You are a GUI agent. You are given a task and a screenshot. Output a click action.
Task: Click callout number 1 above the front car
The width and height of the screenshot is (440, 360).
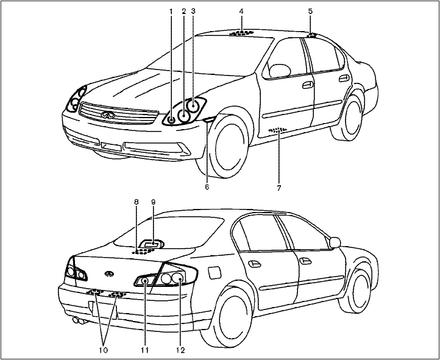[x=172, y=11]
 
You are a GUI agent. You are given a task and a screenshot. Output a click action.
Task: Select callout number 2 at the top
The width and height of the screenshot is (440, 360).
[x=183, y=11]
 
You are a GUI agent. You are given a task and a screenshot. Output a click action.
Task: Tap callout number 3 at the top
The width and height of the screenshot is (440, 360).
[x=193, y=11]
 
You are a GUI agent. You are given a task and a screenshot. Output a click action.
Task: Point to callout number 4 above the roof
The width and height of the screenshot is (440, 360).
[x=241, y=11]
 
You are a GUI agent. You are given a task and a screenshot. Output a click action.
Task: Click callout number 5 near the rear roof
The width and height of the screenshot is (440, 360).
[x=310, y=11]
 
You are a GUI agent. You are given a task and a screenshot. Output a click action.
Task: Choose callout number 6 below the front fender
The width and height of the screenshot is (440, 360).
[x=207, y=187]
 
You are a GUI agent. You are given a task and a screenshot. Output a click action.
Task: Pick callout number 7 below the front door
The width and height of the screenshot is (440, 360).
[x=279, y=188]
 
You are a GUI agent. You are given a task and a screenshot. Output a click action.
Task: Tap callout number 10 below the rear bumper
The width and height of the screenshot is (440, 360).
[x=103, y=350]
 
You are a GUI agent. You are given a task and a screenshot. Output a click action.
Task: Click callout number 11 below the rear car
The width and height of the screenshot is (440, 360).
[x=144, y=350]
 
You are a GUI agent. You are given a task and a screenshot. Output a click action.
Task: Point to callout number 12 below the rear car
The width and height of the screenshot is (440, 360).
[x=180, y=350]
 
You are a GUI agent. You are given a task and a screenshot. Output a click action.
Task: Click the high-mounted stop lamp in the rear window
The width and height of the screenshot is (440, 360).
[x=152, y=244]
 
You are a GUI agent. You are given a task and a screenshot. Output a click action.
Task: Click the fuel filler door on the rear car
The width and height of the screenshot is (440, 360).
[x=214, y=272]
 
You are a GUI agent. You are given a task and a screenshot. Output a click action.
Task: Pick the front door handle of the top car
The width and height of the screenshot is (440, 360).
[x=308, y=84]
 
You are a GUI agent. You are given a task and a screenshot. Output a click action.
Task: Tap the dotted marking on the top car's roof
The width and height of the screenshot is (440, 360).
[x=242, y=32]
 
